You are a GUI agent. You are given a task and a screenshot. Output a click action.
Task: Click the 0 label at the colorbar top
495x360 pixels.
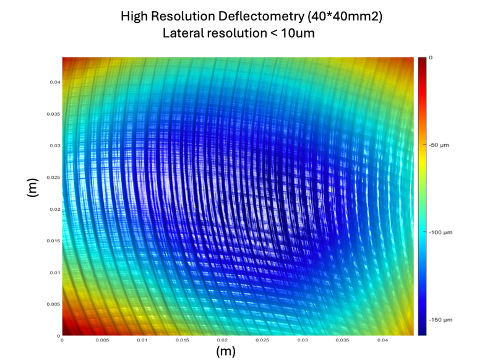pyautogui.click(x=431, y=58)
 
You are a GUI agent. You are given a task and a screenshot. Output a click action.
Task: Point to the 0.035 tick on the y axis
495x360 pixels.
pyautogui.click(x=54, y=114)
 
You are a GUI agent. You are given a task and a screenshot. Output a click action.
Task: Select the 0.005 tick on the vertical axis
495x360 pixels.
pyautogui.click(x=54, y=304)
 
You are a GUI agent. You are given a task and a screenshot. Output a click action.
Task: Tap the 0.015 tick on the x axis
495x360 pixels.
pyautogui.click(x=182, y=340)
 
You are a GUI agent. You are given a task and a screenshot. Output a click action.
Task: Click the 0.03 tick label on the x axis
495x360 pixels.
pyautogui.click(x=303, y=340)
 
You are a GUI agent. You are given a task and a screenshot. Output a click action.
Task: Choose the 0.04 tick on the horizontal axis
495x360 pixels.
pyautogui.click(x=382, y=340)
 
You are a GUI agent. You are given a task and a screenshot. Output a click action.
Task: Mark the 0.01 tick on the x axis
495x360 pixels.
pyautogui.click(x=142, y=340)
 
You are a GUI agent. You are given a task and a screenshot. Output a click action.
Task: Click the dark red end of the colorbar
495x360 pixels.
pyautogui.click(x=422, y=61)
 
